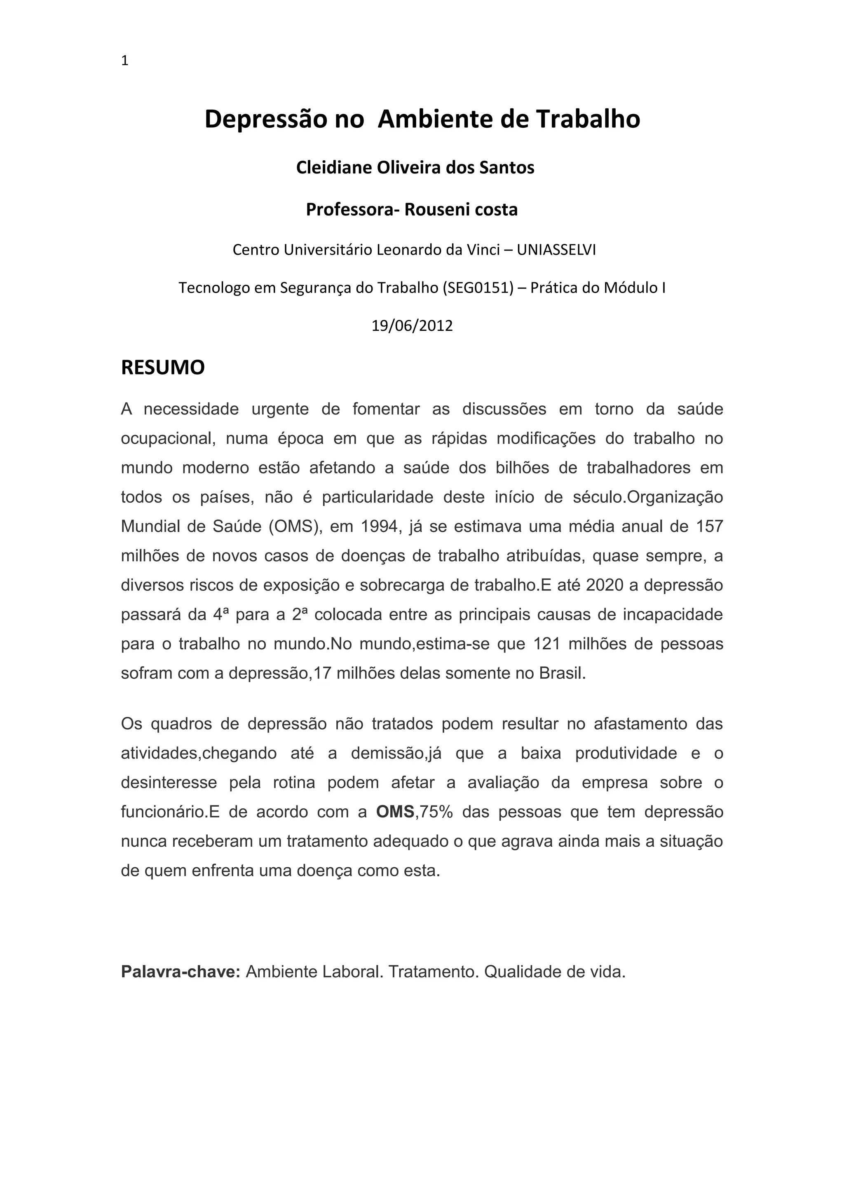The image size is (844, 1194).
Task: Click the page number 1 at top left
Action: pos(124,61)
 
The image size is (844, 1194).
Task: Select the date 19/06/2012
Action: pos(412,326)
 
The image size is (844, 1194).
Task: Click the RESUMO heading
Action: pos(163,368)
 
